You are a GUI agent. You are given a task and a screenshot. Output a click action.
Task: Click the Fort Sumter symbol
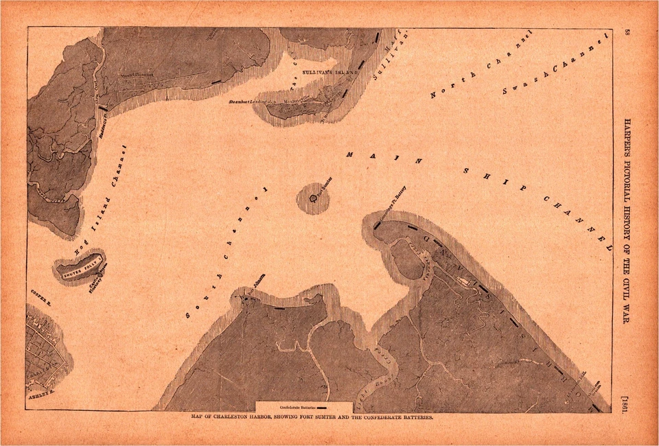pyautogui.click(x=313, y=198)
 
